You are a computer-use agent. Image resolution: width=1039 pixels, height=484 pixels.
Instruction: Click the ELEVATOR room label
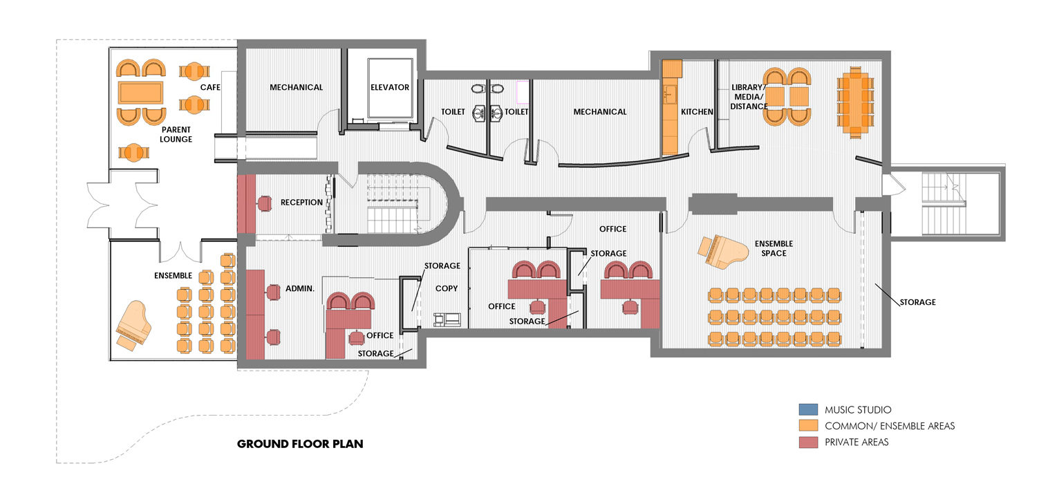tap(390, 88)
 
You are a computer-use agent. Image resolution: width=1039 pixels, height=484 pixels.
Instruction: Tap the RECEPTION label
tap(301, 203)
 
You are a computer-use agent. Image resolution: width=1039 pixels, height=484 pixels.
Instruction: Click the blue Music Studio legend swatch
tap(807, 410)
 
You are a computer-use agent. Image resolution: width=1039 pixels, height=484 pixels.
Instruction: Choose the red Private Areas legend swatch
tap(807, 442)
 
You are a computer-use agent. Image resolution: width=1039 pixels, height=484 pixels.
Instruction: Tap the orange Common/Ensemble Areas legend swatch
tap(807, 426)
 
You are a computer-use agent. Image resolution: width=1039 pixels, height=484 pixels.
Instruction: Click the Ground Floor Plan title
tap(300, 444)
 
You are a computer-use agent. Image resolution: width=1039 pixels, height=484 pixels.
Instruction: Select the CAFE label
tap(210, 88)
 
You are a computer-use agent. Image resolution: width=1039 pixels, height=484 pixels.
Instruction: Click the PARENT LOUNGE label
tap(176, 134)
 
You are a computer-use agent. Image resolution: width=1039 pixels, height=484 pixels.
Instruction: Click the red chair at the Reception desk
tap(264, 203)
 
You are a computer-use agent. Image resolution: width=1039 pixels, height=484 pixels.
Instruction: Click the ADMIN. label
tap(300, 288)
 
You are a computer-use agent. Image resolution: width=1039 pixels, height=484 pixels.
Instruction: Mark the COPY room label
tap(447, 288)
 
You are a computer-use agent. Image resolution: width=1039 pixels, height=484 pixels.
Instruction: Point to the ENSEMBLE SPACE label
tap(774, 248)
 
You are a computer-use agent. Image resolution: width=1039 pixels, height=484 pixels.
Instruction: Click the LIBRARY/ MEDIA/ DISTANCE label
tap(749, 97)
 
